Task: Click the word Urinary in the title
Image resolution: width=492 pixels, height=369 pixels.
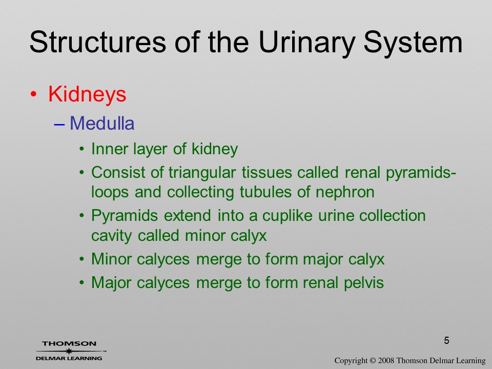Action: point(306,43)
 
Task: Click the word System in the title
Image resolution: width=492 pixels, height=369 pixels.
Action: point(413,43)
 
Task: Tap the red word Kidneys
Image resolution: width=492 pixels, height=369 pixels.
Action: point(87,95)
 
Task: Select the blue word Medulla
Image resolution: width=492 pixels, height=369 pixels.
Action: point(102,123)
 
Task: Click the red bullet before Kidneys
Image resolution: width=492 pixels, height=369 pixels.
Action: point(34,94)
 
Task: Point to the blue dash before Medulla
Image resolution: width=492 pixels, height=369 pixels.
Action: point(59,124)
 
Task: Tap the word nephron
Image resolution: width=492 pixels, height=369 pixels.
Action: point(345,192)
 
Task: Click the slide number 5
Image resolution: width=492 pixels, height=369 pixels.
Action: point(446,340)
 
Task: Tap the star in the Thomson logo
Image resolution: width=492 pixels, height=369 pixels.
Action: point(68,351)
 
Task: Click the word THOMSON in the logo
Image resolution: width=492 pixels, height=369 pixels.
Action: point(69,343)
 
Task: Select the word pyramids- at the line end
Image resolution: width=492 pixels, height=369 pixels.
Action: point(421,173)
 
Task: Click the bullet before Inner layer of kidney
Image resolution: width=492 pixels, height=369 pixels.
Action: point(82,149)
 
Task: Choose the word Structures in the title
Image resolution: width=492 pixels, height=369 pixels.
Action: point(97,43)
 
